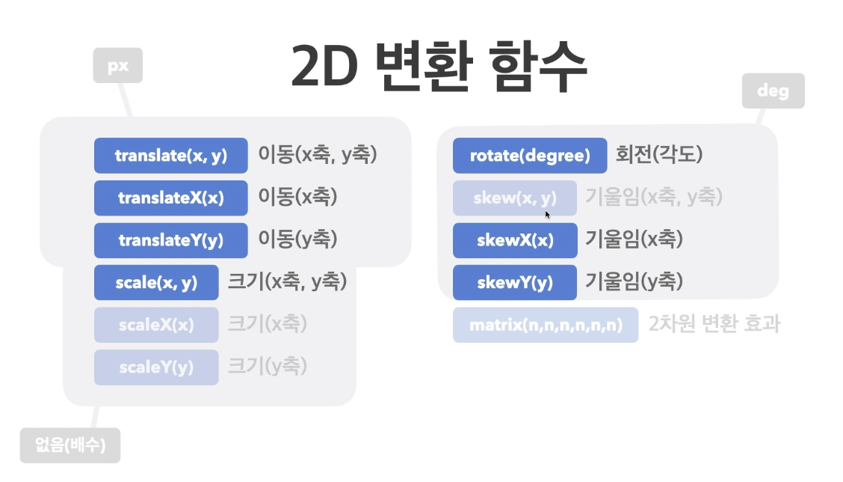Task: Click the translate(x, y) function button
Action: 170,156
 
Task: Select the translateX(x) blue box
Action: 170,198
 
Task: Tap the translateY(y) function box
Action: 170,240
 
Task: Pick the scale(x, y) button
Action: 156,283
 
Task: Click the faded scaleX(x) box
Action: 156,325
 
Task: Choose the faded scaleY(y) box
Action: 156,367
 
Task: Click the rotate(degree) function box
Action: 530,156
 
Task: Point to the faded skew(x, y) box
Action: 515,198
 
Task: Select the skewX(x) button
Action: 515,240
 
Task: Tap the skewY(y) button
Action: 515,283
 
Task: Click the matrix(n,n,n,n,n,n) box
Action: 546,325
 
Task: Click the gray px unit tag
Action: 117,66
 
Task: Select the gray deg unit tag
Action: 773,91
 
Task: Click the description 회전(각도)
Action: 659,156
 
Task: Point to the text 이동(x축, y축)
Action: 318,156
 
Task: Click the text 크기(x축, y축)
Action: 287,283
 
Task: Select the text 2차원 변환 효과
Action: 714,325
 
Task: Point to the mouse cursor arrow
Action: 547,214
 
